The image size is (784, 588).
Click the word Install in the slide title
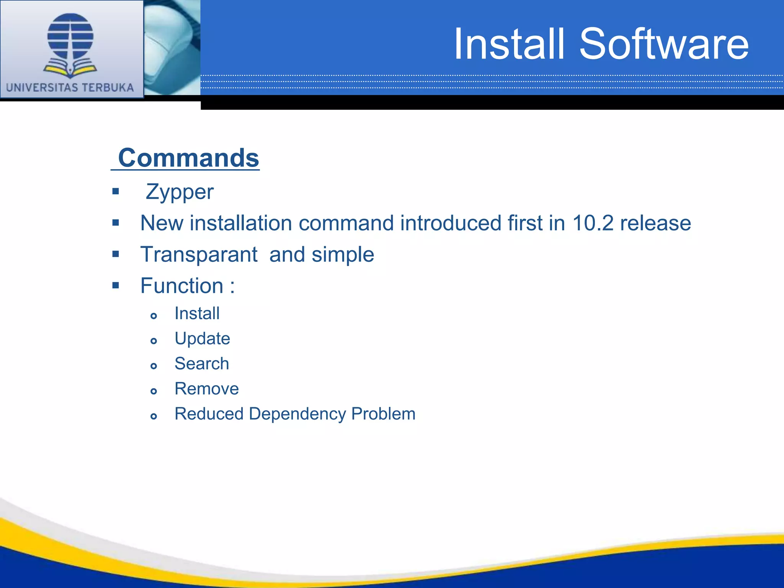click(509, 44)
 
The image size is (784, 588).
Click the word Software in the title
click(664, 44)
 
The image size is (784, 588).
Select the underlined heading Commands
click(188, 158)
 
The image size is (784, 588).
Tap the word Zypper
click(180, 192)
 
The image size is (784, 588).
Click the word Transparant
click(199, 255)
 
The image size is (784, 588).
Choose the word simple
click(343, 255)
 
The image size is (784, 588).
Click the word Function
click(182, 286)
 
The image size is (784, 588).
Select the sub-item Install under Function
click(197, 314)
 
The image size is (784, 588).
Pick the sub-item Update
click(202, 338)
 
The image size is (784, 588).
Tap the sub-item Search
click(202, 364)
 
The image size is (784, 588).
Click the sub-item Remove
click(206, 389)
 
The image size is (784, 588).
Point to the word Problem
click(383, 414)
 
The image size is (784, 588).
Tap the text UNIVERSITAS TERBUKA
click(70, 88)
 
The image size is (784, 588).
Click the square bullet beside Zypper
click(116, 191)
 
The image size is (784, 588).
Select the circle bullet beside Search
click(154, 366)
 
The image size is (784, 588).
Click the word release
click(655, 223)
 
